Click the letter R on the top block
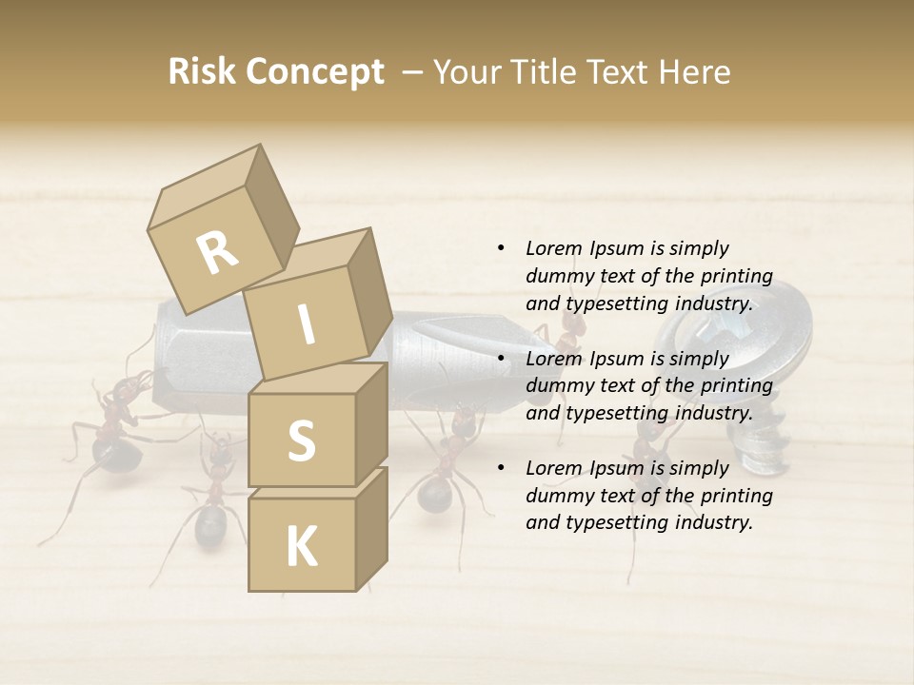218,253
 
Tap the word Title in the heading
546,72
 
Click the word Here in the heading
693,72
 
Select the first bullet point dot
501,248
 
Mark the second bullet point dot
501,359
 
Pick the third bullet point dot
501,468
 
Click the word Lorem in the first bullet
553,248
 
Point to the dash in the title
413,72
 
